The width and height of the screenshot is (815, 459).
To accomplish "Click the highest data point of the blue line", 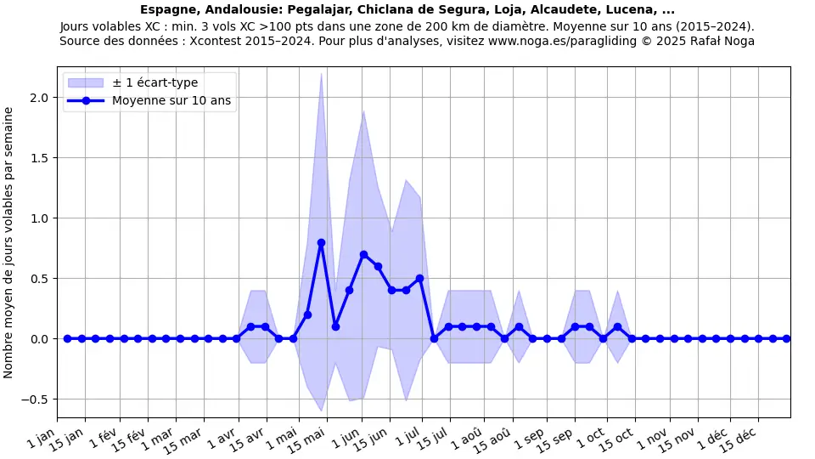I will (321, 242).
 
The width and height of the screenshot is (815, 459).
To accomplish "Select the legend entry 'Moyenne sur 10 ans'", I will (171, 100).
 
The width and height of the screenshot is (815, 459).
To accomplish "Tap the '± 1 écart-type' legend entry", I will (155, 82).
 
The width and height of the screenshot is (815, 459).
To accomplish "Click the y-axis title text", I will (8, 242).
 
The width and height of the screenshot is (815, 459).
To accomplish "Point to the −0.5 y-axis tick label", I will (37, 399).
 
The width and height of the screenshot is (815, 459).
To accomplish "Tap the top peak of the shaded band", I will (321, 74).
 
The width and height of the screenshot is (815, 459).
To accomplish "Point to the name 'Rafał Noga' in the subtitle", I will (722, 41).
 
